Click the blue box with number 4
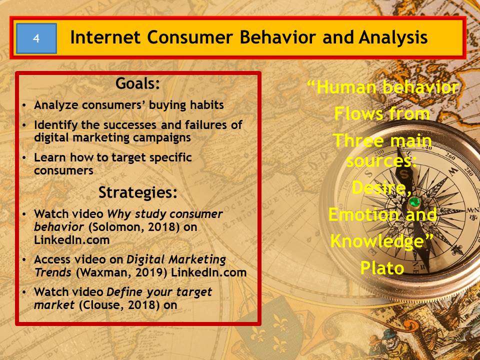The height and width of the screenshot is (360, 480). click(x=36, y=38)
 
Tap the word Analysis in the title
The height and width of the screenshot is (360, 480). click(x=393, y=38)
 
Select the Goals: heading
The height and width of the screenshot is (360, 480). click(x=138, y=83)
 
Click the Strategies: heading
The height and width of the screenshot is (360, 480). click(x=138, y=192)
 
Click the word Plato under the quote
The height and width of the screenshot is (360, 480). click(x=382, y=268)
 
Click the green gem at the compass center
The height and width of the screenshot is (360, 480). click(x=414, y=202)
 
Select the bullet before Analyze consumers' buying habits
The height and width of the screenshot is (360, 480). click(x=24, y=105)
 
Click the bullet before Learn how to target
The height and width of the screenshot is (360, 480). click(x=24, y=158)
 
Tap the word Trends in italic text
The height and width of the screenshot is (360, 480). click(x=52, y=272)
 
